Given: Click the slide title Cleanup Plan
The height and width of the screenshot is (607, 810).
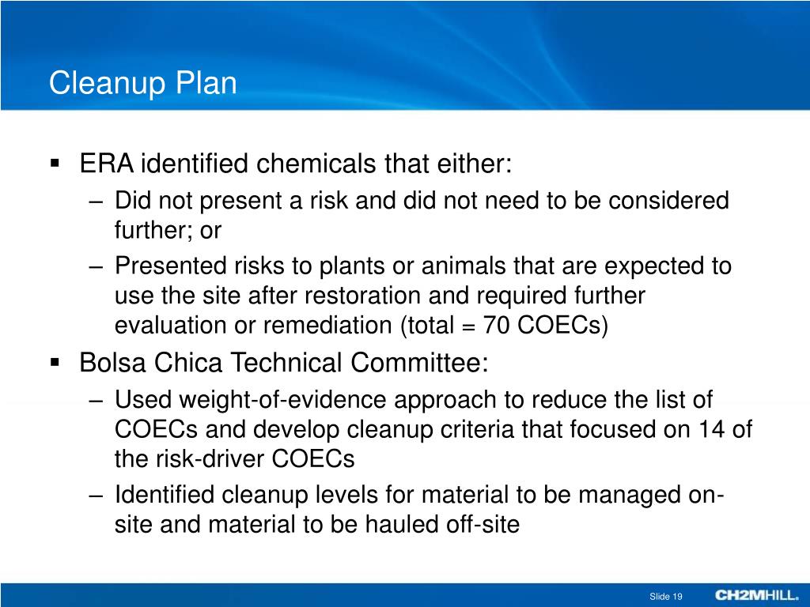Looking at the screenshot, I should (142, 83).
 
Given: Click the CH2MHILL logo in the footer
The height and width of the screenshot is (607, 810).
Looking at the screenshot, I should (757, 595).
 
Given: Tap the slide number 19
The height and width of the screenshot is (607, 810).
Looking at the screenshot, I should (677, 596).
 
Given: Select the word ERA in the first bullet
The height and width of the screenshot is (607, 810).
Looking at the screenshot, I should (107, 164).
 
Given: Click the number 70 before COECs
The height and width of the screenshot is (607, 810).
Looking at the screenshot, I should (499, 326).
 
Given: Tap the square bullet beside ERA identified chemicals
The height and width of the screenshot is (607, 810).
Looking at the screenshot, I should (55, 164).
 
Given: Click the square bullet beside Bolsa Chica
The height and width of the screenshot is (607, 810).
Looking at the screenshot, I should (55, 364).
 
